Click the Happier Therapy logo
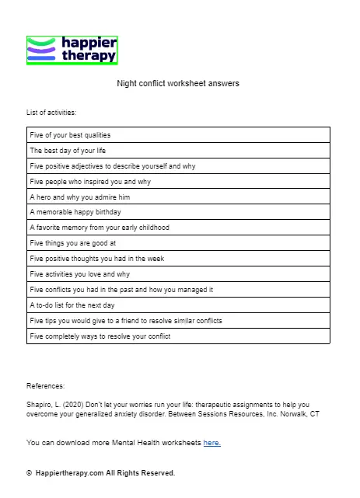click(x=72, y=50)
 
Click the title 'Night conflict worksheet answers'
click(x=178, y=82)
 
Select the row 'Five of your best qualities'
click(x=70, y=135)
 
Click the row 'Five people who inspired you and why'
click(x=90, y=182)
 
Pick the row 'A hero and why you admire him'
click(x=79, y=197)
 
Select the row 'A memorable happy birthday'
click(x=74, y=212)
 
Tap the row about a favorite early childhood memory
click(x=99, y=228)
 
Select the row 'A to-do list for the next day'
click(x=72, y=305)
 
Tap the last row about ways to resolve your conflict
click(x=100, y=336)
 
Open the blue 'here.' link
click(x=212, y=443)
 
